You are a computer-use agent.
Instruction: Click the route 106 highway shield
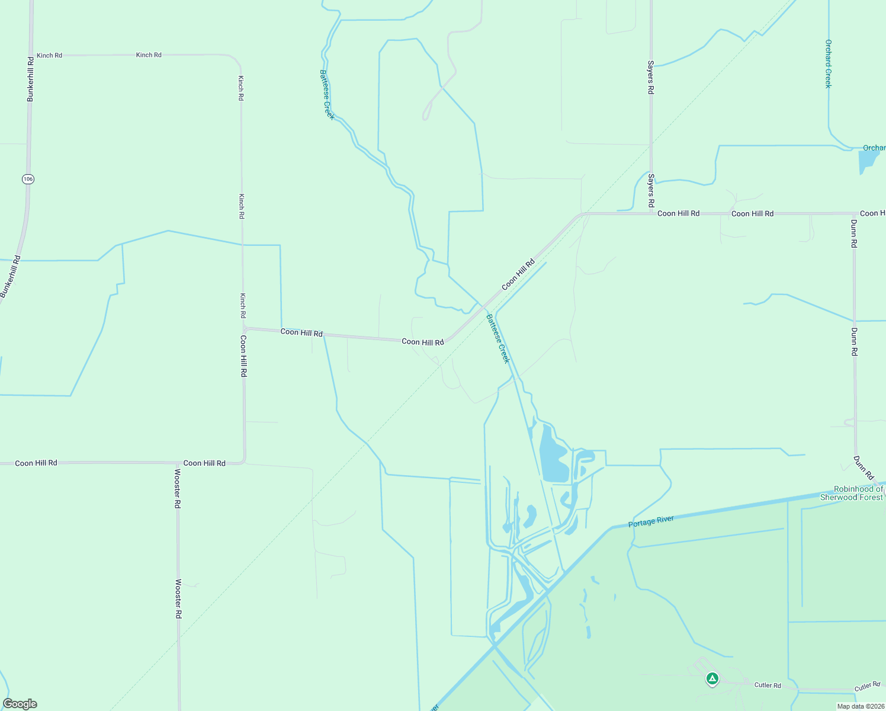[28, 178]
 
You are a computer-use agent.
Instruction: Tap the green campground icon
[712, 678]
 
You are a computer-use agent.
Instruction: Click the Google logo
[20, 704]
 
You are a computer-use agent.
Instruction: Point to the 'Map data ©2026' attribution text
[859, 706]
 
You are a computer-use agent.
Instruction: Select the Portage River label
[651, 521]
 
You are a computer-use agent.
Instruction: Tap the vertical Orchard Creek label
[829, 64]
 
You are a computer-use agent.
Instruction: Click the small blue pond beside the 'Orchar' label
[868, 161]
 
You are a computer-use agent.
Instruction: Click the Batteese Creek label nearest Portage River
[498, 338]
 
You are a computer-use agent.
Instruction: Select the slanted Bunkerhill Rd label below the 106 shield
[10, 277]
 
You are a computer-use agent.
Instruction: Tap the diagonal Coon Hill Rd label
[518, 274]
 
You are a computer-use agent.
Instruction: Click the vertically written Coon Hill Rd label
[243, 356]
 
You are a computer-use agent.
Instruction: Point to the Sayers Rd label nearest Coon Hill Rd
[651, 191]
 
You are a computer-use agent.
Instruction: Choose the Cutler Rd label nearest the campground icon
[768, 685]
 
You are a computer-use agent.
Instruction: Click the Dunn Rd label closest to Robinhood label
[863, 467]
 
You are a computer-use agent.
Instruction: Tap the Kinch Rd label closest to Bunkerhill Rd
[49, 55]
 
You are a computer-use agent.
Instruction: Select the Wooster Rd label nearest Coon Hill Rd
[178, 489]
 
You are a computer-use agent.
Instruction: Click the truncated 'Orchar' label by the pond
[874, 148]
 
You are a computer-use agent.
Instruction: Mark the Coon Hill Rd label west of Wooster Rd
[36, 463]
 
